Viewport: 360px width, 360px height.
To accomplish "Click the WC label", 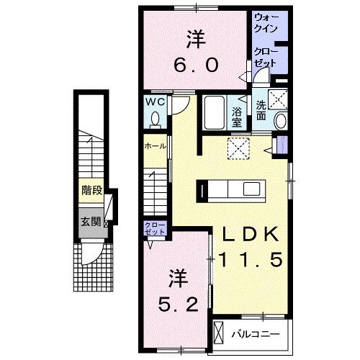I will [157, 102].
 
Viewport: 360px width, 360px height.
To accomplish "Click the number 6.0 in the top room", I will [194, 65].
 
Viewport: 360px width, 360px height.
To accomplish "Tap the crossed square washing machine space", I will [278, 100].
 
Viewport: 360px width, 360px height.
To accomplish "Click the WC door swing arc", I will [181, 106].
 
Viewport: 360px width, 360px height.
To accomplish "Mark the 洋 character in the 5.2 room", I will [175, 276].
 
